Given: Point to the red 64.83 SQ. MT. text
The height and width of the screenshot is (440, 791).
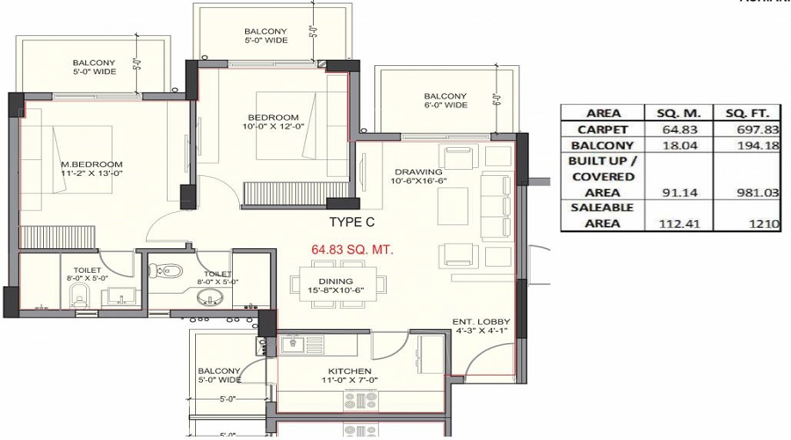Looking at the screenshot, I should [x=352, y=250].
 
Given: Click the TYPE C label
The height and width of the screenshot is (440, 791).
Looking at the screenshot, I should [x=352, y=223].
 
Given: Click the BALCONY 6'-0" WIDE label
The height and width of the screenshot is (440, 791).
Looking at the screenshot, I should [x=445, y=101].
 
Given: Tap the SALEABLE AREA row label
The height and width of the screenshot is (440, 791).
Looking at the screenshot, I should [x=602, y=215].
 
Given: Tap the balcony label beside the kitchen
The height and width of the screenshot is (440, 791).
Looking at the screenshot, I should [x=219, y=376].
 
